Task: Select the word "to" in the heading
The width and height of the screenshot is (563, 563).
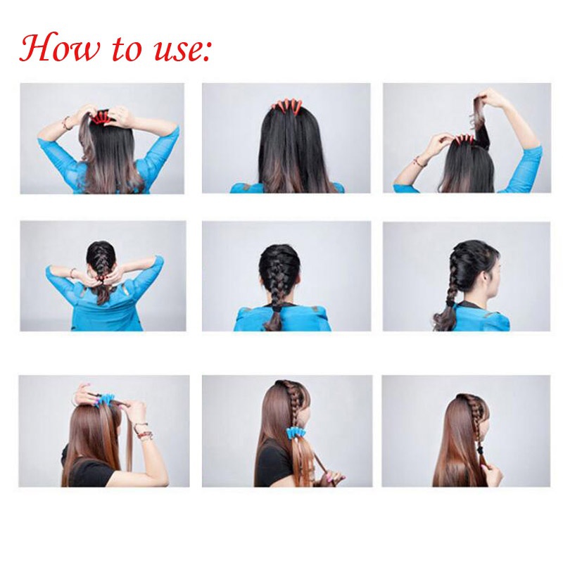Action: click(127, 49)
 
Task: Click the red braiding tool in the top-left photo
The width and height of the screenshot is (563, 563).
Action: click(101, 118)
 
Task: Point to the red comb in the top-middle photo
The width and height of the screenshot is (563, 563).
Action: click(286, 106)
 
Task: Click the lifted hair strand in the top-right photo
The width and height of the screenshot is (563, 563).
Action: click(481, 122)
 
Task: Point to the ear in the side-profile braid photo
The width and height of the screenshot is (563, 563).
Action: click(486, 277)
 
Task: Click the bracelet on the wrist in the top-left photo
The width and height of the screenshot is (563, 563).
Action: click(66, 123)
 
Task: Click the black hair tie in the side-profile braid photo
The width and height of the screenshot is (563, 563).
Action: click(449, 303)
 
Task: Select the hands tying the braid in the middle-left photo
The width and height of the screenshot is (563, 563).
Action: click(101, 277)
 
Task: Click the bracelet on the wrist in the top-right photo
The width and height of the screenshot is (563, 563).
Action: click(418, 162)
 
